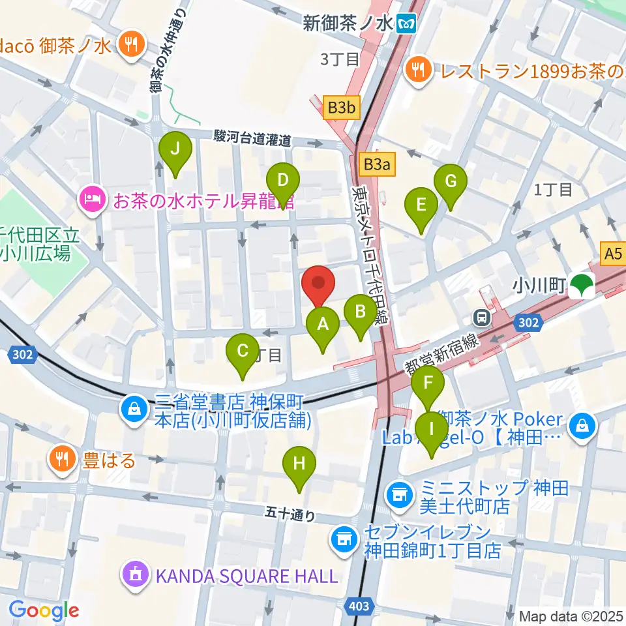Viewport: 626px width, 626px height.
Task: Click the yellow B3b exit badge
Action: click(341, 108)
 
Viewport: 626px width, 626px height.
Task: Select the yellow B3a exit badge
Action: click(376, 165)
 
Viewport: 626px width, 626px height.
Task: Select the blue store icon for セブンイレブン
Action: click(342, 539)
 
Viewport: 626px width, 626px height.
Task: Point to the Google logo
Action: click(44, 610)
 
